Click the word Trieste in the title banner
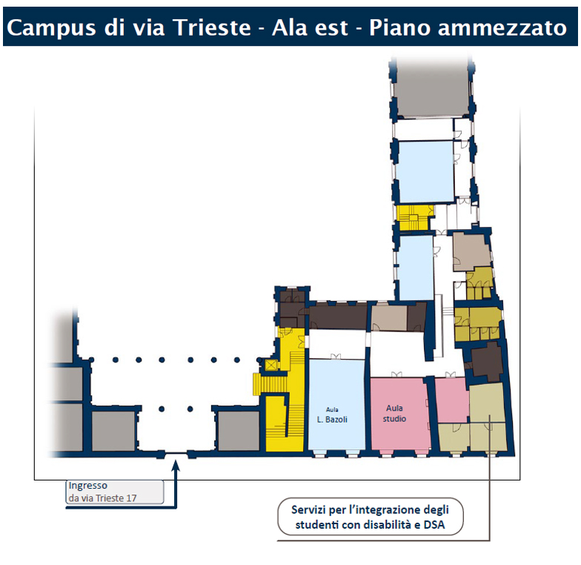[x=212, y=27]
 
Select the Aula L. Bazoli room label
[x=332, y=415]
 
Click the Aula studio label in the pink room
[x=394, y=414]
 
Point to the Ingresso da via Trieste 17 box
[x=114, y=492]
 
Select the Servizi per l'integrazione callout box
[x=371, y=517]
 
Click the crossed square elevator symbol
[x=271, y=365]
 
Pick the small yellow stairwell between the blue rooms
[x=412, y=218]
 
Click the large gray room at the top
[x=431, y=90]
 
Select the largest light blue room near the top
[x=425, y=171]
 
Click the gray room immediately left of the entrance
[x=113, y=431]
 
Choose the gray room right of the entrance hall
[x=239, y=431]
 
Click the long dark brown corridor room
[x=339, y=316]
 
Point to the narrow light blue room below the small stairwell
[x=415, y=268]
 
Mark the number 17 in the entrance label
[x=131, y=498]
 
